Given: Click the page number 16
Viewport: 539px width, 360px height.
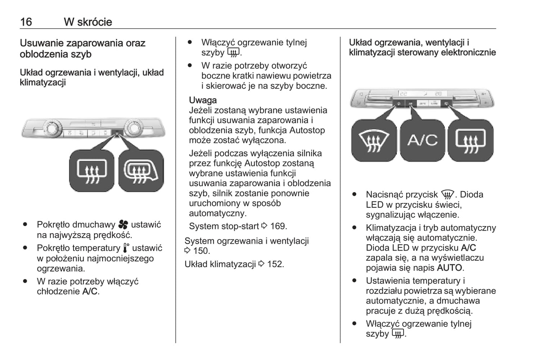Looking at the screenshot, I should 26,22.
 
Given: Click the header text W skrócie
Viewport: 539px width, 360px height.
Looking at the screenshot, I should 88,22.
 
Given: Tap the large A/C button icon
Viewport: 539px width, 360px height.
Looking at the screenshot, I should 422,140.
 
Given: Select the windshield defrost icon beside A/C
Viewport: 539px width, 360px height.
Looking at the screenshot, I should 374,140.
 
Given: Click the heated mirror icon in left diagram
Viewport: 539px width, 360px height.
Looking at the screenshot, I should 141,171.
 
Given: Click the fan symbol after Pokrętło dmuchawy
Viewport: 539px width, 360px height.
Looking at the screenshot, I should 123,225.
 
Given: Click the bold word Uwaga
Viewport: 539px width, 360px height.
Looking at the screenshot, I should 203,100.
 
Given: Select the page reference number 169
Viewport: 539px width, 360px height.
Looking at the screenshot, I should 278,226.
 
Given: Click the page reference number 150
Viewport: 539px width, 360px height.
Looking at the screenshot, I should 201,251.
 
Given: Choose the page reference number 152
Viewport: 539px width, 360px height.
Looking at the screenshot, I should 275,264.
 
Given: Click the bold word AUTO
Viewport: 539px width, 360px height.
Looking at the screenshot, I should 449,268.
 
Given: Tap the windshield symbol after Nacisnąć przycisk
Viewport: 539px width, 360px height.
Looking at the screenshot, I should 447,195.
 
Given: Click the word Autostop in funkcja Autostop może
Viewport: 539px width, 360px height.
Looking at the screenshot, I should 307,130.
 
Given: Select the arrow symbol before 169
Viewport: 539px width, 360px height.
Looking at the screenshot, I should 264,226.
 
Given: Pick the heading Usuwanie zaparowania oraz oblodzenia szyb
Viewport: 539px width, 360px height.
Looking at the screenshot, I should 82,48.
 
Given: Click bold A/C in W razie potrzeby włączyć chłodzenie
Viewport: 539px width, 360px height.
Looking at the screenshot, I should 90,292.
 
